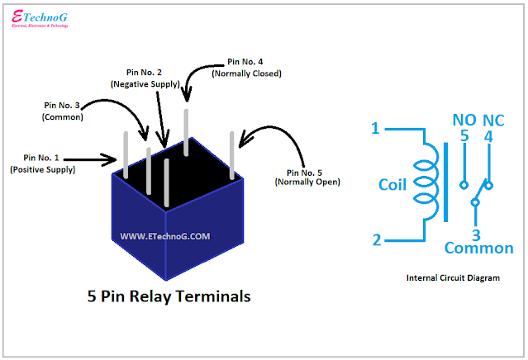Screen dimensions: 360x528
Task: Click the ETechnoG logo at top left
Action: [x=40, y=18]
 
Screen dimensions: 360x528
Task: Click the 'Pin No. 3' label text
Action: [x=59, y=106]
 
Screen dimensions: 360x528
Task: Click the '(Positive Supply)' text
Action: [x=42, y=169]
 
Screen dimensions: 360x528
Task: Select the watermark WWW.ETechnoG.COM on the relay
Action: [x=165, y=236]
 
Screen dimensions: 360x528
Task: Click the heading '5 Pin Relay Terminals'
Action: [x=169, y=296]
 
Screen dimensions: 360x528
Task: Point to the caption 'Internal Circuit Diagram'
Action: [x=453, y=278]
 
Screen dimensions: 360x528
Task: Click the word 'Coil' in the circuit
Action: [x=392, y=185]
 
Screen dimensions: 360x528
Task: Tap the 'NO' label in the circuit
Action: [x=464, y=120]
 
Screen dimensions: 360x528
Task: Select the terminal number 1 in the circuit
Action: [x=375, y=129]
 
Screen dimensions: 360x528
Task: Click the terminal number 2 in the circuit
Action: [x=376, y=240]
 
